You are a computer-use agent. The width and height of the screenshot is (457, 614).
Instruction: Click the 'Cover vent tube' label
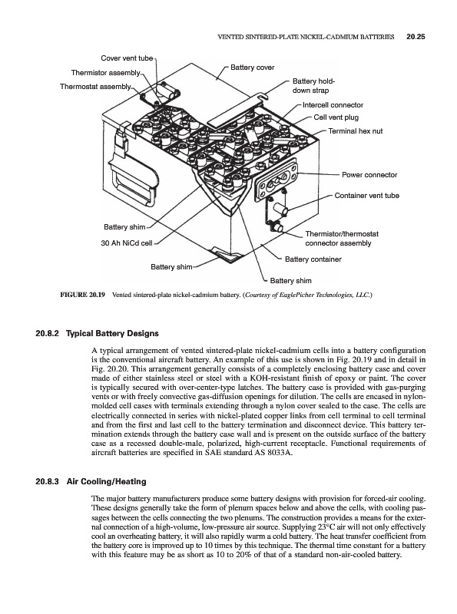point(127,58)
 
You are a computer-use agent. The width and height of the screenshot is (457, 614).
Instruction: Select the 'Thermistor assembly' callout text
point(105,73)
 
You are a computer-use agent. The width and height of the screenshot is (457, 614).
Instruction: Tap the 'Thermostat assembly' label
point(95,87)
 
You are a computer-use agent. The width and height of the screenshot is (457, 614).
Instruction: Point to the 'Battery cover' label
point(252,68)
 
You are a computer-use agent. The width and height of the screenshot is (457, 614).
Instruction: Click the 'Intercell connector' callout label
point(333,105)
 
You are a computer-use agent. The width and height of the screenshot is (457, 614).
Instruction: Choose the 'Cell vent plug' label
point(336,117)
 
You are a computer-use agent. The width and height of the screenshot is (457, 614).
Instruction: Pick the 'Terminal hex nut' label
point(355,131)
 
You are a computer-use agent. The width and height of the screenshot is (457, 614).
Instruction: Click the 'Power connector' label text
point(369,175)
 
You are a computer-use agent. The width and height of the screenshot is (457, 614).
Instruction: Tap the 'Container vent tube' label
point(366,196)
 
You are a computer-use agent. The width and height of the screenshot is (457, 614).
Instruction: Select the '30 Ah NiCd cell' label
point(127,243)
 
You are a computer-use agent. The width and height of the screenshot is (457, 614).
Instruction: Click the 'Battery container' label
point(313,259)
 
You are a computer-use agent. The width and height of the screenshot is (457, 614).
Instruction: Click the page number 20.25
point(416,37)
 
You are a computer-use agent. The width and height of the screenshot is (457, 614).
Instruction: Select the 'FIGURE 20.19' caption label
point(82,295)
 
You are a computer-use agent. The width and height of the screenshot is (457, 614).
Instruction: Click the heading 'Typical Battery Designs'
point(112,334)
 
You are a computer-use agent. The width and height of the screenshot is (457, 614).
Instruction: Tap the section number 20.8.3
point(47,482)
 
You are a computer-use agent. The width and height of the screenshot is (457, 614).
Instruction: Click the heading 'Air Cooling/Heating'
point(106,482)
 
